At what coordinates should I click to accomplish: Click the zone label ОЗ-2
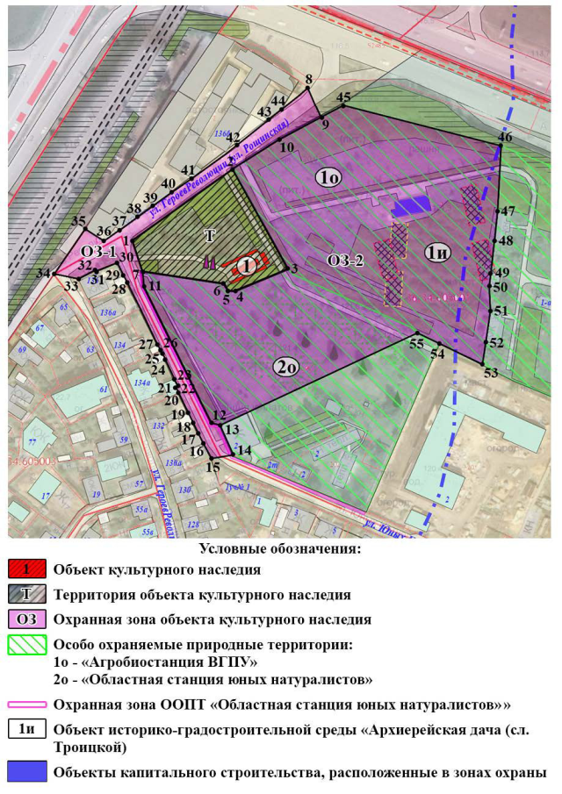point(345,260)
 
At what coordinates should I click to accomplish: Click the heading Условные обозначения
point(280,549)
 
